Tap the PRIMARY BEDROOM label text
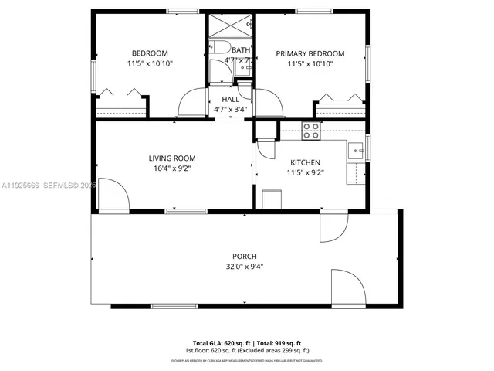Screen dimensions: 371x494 [310, 53]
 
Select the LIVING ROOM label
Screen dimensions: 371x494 [171, 158]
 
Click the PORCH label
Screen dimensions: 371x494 [245, 257]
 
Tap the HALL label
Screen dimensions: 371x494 [230, 100]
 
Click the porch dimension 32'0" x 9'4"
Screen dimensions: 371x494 [245, 267]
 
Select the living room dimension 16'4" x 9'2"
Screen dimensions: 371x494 [171, 168]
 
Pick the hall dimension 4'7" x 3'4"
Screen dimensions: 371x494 [230, 110]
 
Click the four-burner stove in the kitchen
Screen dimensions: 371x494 [312, 131]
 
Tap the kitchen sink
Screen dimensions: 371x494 [356, 151]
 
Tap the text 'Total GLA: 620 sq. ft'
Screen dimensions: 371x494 [219, 342]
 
